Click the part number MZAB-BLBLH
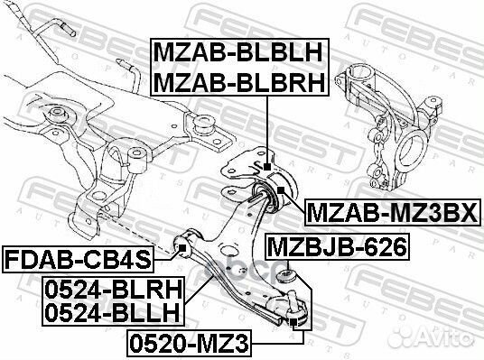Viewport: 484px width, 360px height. click(238, 52)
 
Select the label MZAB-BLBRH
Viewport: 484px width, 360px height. click(239, 82)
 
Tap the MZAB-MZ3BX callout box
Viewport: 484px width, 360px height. click(393, 213)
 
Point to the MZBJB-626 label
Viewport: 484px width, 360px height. click(338, 247)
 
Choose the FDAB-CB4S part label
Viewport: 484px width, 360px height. click(78, 260)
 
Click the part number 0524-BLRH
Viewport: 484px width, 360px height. click(113, 290)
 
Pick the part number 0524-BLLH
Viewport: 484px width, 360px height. click(112, 313)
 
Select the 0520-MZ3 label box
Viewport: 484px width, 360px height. click(189, 344)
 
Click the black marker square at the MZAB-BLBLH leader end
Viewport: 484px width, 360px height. click(267, 167)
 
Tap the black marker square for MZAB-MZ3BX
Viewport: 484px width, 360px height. click(281, 189)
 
